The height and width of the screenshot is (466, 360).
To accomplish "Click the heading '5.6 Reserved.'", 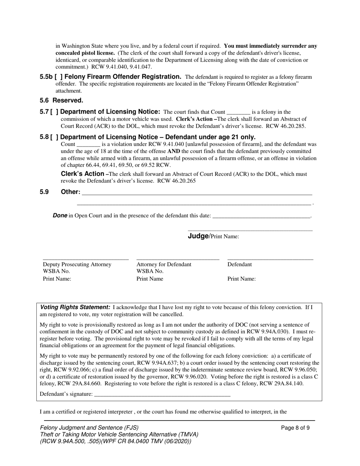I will [x=61, y=100].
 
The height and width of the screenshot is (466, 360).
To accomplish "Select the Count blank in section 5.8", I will [x=88, y=145].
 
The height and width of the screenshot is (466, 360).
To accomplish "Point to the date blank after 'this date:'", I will [x=261, y=216].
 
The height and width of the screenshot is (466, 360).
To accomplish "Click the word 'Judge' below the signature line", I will [x=198, y=236].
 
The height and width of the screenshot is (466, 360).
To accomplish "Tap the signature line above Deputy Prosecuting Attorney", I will [x=86, y=259].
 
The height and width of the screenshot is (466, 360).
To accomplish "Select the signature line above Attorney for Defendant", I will [x=178, y=259].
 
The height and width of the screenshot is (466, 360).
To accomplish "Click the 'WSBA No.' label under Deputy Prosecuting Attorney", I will [x=56, y=271].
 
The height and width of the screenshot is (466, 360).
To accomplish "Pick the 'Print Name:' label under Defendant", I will [x=241, y=279].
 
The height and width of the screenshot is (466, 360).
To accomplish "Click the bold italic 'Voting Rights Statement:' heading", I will [x=75, y=307].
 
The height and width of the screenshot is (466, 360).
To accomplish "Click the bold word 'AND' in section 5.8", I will [x=174, y=151].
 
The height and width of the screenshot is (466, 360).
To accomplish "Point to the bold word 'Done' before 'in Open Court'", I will [x=60, y=216].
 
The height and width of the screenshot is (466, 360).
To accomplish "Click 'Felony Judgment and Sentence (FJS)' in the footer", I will [x=89, y=427].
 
